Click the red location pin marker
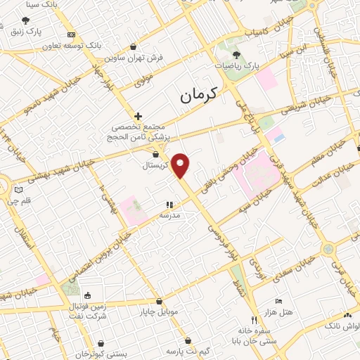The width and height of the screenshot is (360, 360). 181,165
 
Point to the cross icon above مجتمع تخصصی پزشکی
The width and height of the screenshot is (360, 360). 138,115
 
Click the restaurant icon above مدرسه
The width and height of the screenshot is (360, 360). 169,205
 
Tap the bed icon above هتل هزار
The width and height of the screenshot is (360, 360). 278,301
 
